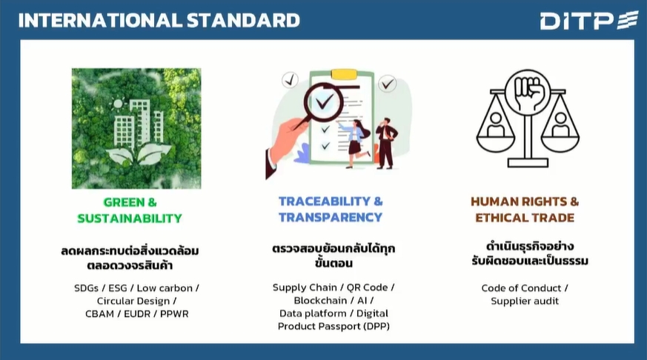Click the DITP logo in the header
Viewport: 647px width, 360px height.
click(x=589, y=21)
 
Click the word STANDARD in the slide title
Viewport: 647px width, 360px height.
click(x=243, y=21)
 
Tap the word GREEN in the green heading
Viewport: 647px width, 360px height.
click(x=125, y=202)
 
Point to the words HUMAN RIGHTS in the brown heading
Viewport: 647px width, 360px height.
click(x=519, y=201)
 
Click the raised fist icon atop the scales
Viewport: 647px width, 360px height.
click(x=528, y=91)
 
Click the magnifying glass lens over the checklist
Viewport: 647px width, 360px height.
click(x=324, y=102)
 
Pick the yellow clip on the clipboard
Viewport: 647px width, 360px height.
click(x=344, y=74)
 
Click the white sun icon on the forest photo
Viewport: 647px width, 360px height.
click(x=118, y=104)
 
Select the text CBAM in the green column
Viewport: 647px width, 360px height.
click(x=99, y=314)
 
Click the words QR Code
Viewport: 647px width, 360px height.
click(x=368, y=287)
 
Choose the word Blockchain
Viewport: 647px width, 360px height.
click(x=320, y=301)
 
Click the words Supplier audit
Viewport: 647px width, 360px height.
click(x=525, y=301)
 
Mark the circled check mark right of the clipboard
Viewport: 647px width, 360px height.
click(x=388, y=84)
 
